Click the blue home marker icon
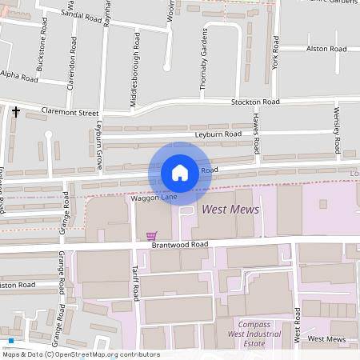[180, 172]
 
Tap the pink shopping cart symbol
[151, 235]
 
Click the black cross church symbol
[15, 112]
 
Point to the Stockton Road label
[255, 102]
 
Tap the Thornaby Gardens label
[203, 60]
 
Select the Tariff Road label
[136, 284]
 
